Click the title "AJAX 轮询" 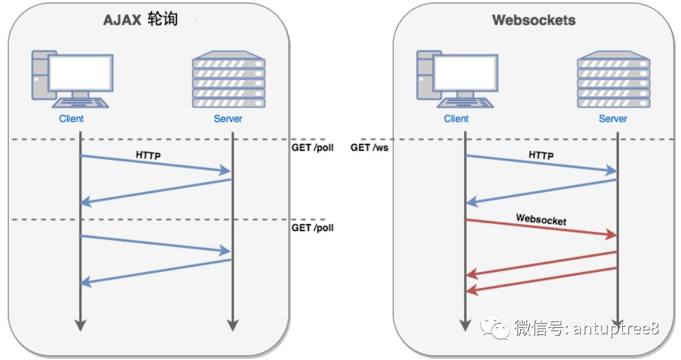(x=140, y=20)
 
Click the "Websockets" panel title (x=534, y=20)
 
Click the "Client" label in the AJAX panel (x=72, y=119)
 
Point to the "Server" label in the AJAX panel (x=228, y=119)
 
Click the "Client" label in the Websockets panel (x=457, y=119)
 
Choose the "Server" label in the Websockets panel (x=613, y=119)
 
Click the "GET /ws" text (x=369, y=148)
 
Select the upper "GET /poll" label (x=313, y=148)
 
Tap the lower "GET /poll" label (x=313, y=228)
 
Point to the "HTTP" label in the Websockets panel (x=541, y=155)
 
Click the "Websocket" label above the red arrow (x=541, y=219)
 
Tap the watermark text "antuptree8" (x=615, y=329)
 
